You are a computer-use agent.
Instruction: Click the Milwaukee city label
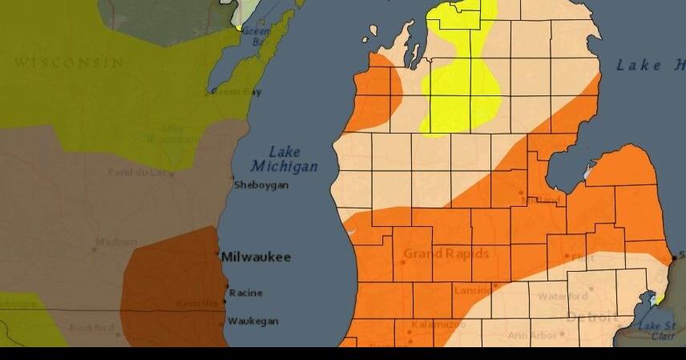tap(256, 257)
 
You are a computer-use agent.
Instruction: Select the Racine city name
tap(245, 293)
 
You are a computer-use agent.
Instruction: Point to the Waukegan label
tap(252, 321)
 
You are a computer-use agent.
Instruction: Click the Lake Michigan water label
tap(284, 159)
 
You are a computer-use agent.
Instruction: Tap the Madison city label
tap(116, 241)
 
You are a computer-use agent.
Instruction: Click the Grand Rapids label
tap(446, 253)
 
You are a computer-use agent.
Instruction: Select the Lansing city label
tap(473, 290)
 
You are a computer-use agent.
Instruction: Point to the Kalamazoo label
tap(438, 325)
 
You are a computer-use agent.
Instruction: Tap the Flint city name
tap(583, 257)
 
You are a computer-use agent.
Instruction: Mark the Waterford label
tap(563, 296)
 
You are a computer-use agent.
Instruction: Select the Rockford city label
tap(91, 327)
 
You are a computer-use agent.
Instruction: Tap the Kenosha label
tap(196, 303)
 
